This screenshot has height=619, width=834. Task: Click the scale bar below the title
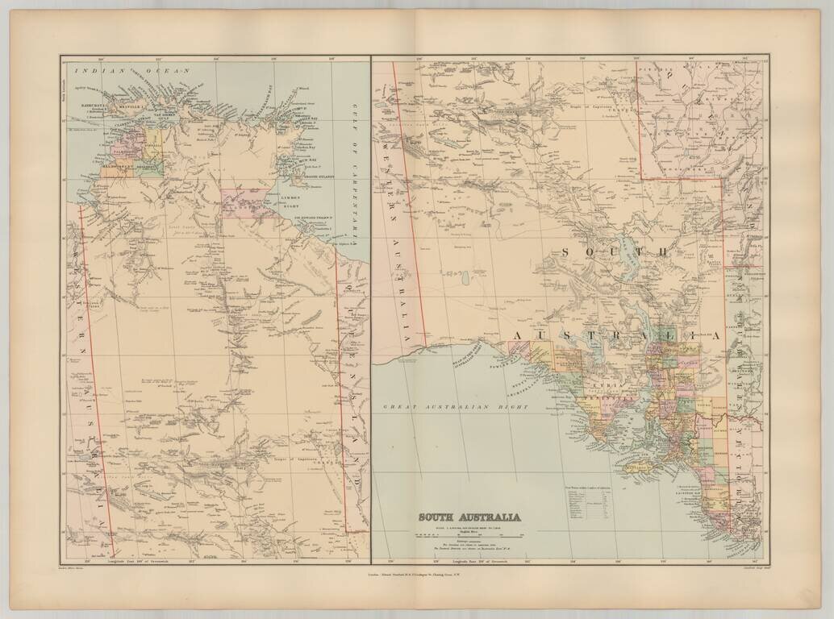pyautogui.click(x=469, y=534)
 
